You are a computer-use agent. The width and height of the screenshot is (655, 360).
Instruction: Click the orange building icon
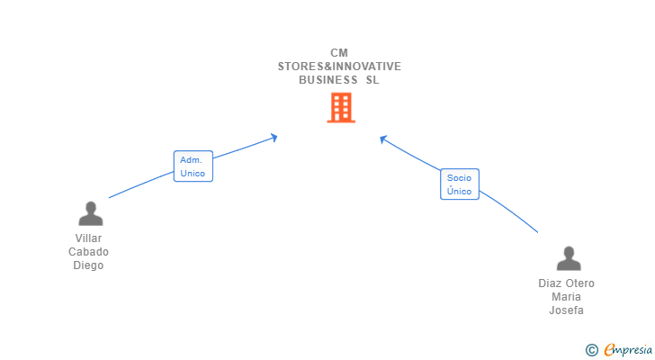(340, 109)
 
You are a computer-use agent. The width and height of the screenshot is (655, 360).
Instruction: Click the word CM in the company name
(339, 52)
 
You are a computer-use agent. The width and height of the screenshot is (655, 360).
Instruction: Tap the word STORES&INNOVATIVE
(339, 66)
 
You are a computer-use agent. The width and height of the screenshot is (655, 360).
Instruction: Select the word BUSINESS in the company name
(327, 79)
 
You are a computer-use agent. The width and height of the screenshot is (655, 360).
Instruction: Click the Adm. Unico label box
(193, 166)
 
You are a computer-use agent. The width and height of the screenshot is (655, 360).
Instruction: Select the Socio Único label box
(459, 184)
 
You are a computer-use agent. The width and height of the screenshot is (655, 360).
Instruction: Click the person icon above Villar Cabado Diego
(90, 214)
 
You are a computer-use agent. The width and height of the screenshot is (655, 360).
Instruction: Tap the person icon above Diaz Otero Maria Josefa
(568, 258)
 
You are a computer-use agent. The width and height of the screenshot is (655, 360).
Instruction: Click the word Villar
(89, 238)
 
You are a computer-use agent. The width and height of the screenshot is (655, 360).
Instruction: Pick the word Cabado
(89, 252)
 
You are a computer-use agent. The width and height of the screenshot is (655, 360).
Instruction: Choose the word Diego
(89, 265)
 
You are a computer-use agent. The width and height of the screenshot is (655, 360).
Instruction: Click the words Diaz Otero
(567, 283)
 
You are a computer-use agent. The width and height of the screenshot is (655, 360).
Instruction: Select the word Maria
(567, 296)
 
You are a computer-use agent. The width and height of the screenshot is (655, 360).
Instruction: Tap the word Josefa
(567, 310)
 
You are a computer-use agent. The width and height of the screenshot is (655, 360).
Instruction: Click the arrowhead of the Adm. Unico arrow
(274, 137)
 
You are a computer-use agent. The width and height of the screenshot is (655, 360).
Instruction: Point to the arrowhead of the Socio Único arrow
(382, 139)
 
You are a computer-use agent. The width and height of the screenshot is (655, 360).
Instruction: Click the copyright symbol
(591, 350)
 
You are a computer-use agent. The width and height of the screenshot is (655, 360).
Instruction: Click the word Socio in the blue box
(459, 178)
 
